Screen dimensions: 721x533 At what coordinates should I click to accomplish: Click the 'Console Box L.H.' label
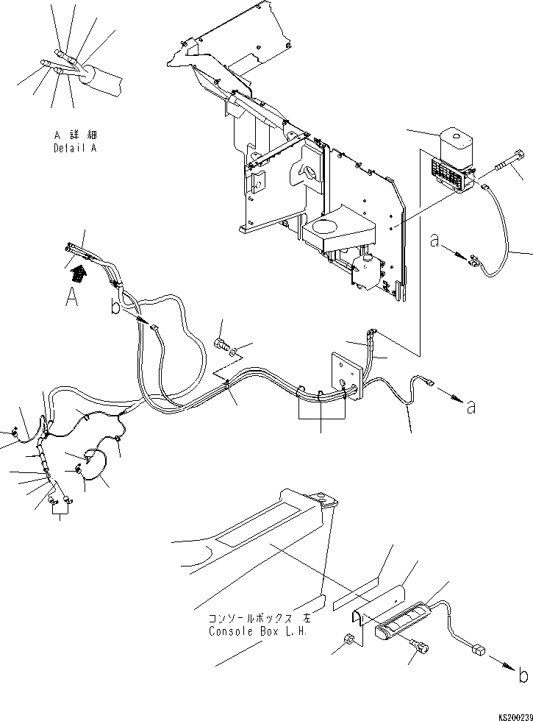(x=248, y=631)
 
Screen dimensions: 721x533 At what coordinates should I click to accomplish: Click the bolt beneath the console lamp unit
(x=422, y=646)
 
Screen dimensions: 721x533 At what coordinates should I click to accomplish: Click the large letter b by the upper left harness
(x=115, y=307)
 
